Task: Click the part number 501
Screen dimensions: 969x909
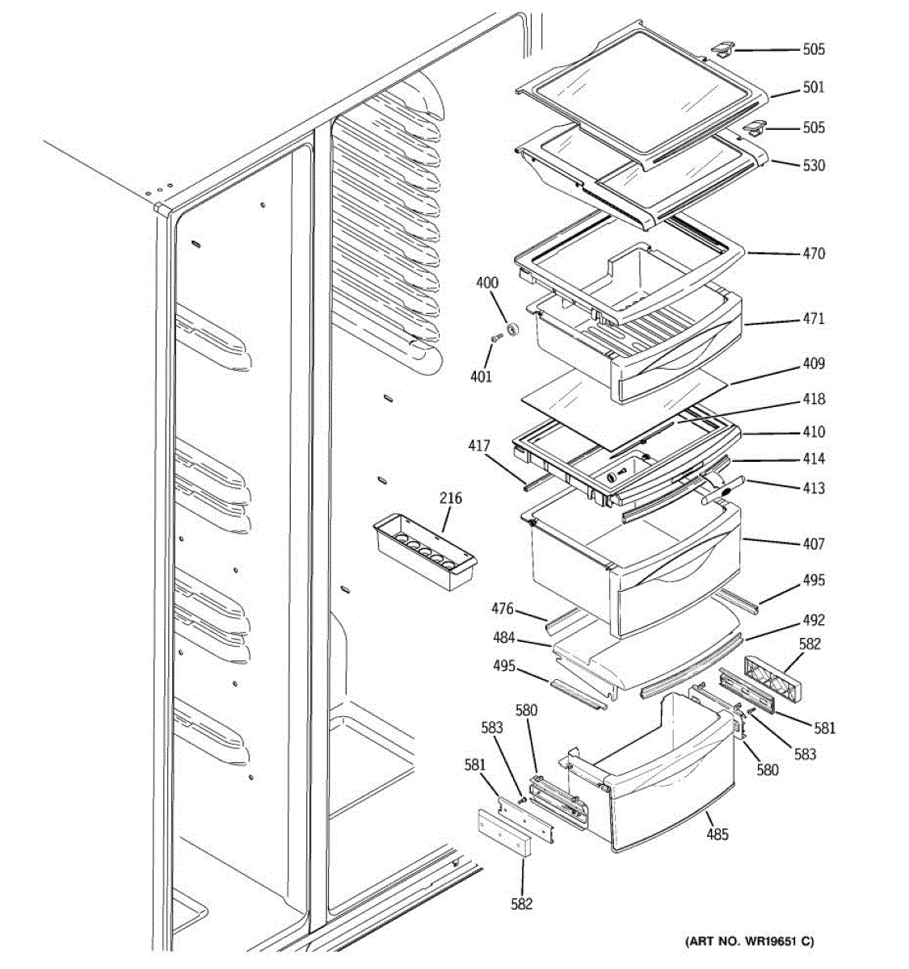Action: pos(813,87)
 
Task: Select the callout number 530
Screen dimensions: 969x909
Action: pos(813,166)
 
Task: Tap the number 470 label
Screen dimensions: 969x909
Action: pos(813,254)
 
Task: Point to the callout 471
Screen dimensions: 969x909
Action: pos(813,319)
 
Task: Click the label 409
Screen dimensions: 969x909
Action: pos(813,364)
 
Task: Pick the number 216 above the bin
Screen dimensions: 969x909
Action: pos(451,498)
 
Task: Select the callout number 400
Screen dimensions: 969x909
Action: pos(487,283)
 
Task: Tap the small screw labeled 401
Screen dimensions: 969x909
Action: pos(494,339)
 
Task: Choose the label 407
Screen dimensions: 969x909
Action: pos(813,544)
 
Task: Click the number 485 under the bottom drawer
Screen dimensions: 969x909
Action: pos(717,834)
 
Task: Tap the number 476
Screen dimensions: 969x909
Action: pos(503,608)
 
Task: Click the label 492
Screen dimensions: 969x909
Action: pos(813,620)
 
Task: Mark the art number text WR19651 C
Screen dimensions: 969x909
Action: pos(750,942)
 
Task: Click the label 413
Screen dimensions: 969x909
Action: pos(813,489)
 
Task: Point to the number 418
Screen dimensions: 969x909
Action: pos(813,399)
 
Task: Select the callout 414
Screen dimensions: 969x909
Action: pos(813,459)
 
